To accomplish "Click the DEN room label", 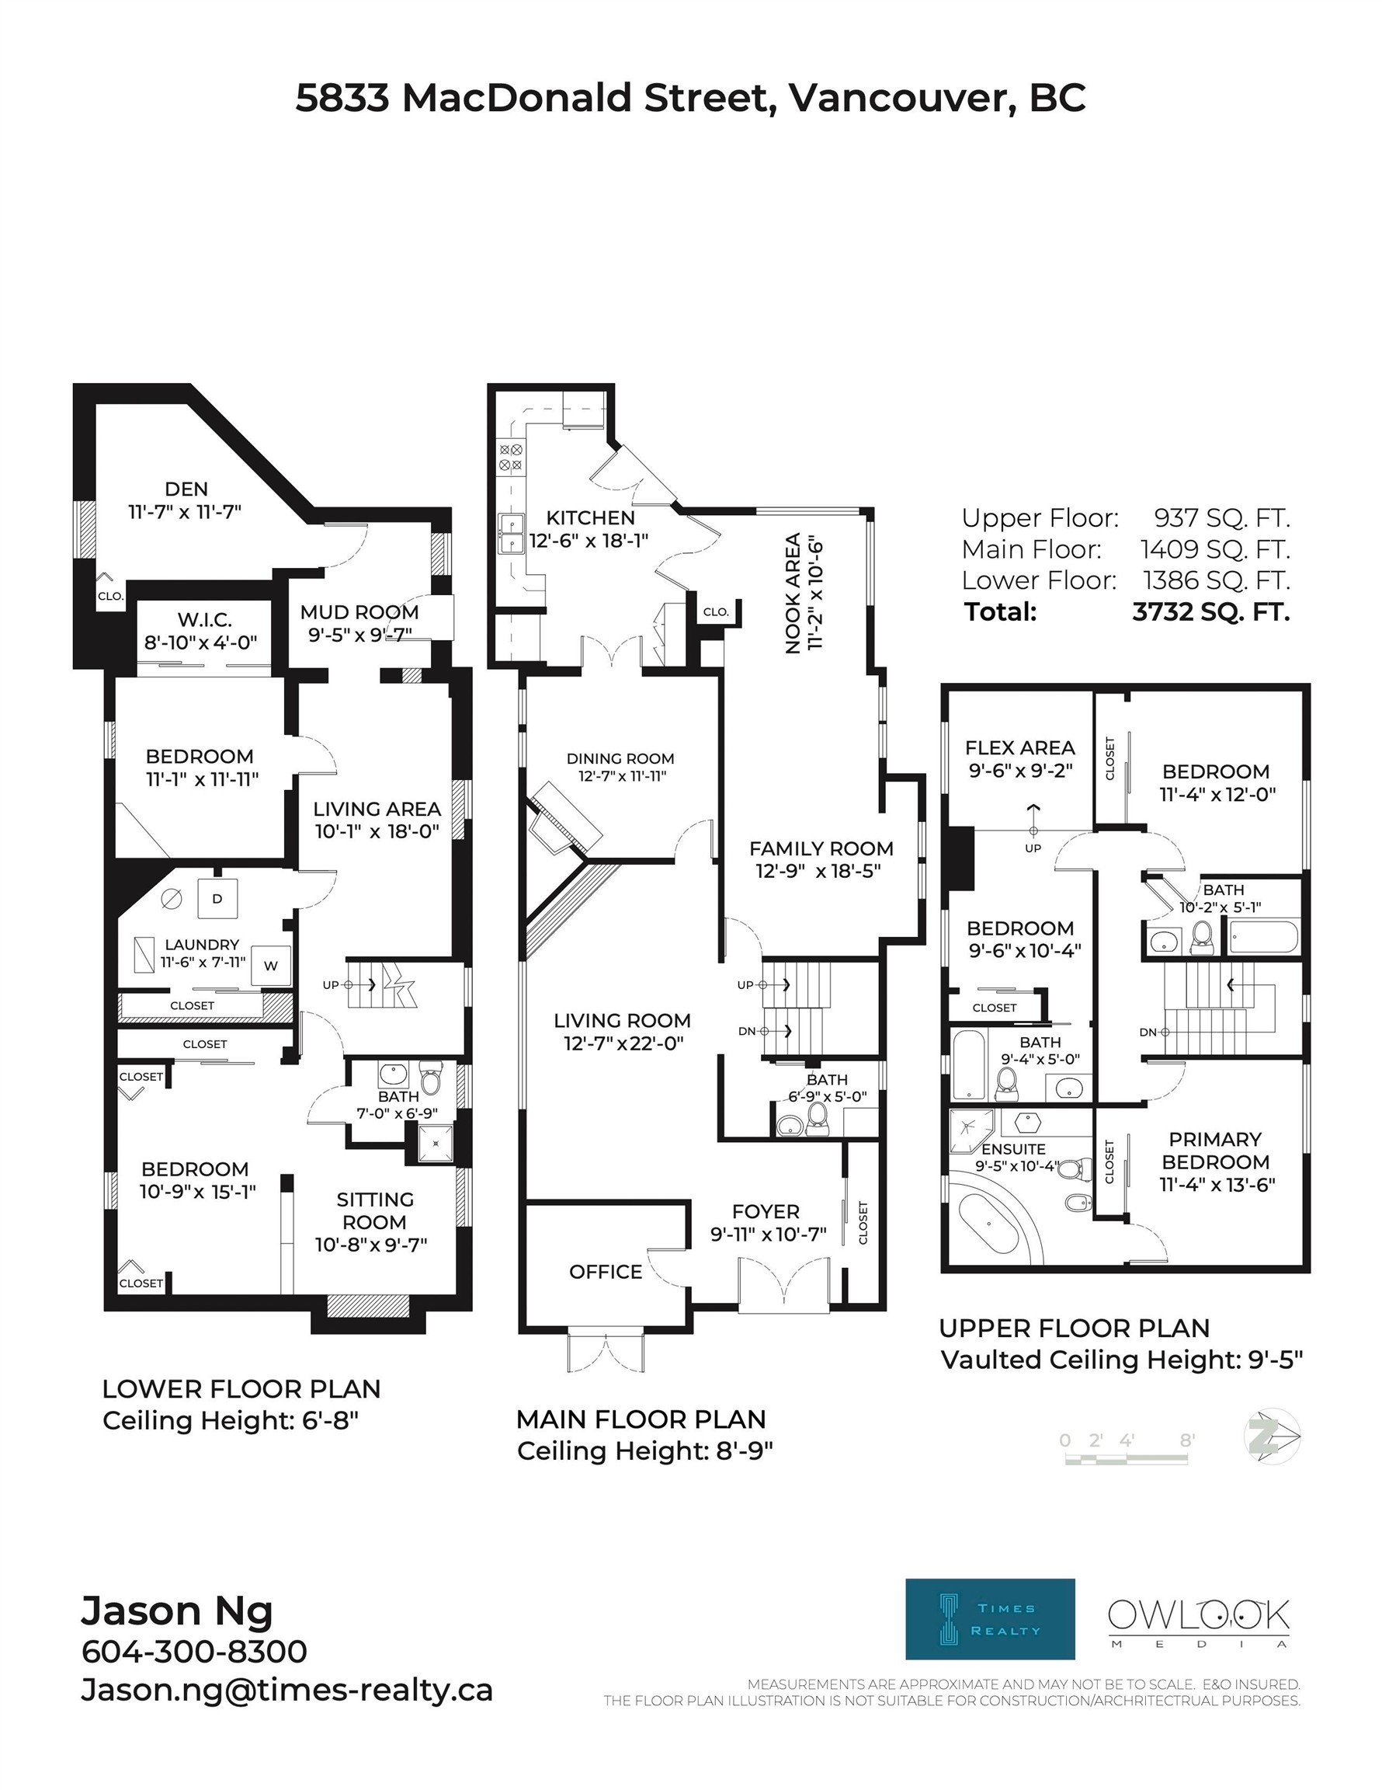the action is (186, 489).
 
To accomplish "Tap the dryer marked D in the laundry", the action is (217, 898).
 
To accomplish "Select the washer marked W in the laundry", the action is (270, 965).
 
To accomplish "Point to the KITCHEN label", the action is (591, 518).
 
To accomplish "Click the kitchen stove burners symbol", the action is (511, 458).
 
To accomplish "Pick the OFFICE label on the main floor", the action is (606, 1271).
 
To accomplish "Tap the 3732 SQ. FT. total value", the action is (1210, 612).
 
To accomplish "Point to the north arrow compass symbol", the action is (1272, 1436).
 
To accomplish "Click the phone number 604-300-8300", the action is (194, 1652).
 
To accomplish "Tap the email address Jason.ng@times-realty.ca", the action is (286, 1691).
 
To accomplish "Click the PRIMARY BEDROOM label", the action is (1215, 1151).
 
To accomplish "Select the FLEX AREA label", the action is (1020, 747).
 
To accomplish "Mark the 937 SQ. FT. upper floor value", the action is (1221, 518).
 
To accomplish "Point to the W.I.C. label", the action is (205, 620).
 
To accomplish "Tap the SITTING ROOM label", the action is (374, 1210).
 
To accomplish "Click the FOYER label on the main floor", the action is (766, 1211).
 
